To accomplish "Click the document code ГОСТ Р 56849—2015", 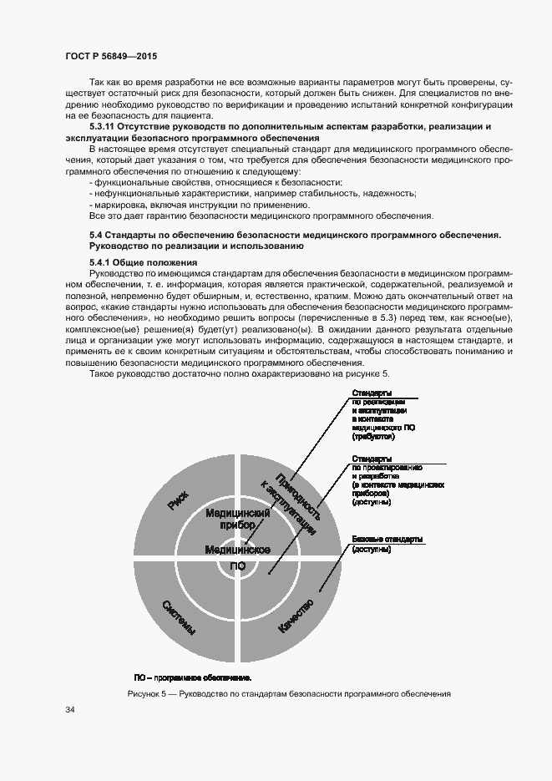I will (x=112, y=56).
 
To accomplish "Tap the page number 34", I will (x=70, y=710).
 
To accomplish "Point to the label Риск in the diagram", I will (x=177, y=500).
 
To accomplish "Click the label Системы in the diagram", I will (x=180, y=617).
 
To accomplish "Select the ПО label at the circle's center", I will (x=237, y=566).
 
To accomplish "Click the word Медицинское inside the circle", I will (x=236, y=549).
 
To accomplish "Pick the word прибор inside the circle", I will (x=237, y=525).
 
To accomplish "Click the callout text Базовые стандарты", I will (x=387, y=539).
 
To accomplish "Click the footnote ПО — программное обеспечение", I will (x=193, y=677).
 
